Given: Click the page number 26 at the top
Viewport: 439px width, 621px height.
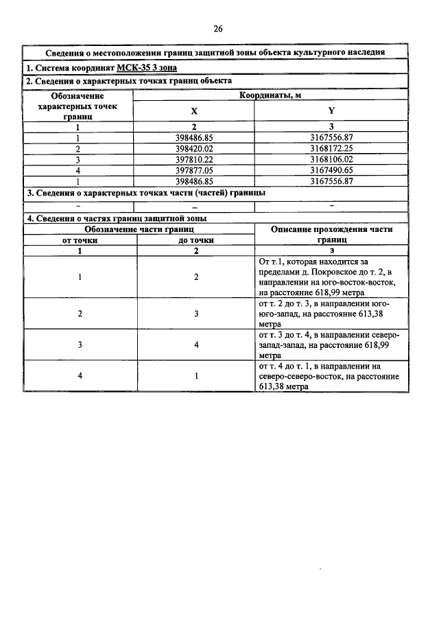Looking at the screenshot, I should pyautogui.click(x=218, y=28).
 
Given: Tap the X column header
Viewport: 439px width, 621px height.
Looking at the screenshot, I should pyautogui.click(x=193, y=110).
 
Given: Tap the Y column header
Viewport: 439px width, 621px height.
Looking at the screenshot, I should pyautogui.click(x=331, y=110).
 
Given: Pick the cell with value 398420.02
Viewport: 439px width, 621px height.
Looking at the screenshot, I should pyautogui.click(x=195, y=148).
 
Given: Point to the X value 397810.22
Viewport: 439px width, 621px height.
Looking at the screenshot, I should pyautogui.click(x=195, y=159).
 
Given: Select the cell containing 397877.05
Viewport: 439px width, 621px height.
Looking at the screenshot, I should pyautogui.click(x=195, y=169).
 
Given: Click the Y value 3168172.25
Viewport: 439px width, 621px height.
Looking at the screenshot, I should pyautogui.click(x=331, y=148).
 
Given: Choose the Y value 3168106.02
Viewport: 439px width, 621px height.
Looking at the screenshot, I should pyautogui.click(x=331, y=159).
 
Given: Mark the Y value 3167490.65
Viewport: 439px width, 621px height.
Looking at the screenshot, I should pyautogui.click(x=331, y=169).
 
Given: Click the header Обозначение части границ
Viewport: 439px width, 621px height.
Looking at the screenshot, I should pyautogui.click(x=139, y=229).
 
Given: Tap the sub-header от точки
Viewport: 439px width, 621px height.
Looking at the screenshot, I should pyautogui.click(x=80, y=240).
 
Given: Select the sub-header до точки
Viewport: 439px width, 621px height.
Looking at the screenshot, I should pyautogui.click(x=196, y=240).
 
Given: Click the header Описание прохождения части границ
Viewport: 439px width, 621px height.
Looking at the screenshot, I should pyautogui.click(x=331, y=235).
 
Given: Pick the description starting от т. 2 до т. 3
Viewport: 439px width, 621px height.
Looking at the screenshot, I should pyautogui.click(x=331, y=313).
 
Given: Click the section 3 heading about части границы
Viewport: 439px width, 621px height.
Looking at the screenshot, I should pyautogui.click(x=145, y=193).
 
